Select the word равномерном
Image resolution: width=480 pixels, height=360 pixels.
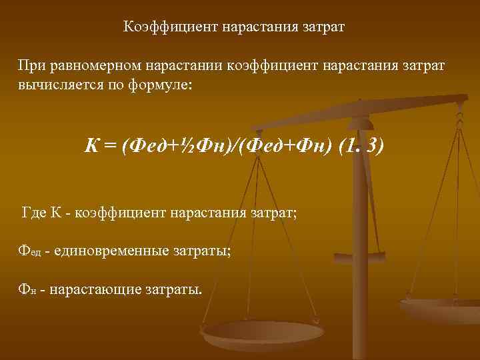(96, 66)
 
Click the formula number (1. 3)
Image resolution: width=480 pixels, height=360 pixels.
(361, 145)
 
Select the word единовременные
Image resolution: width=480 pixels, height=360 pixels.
(102, 251)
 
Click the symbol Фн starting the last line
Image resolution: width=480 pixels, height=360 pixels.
(27, 290)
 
